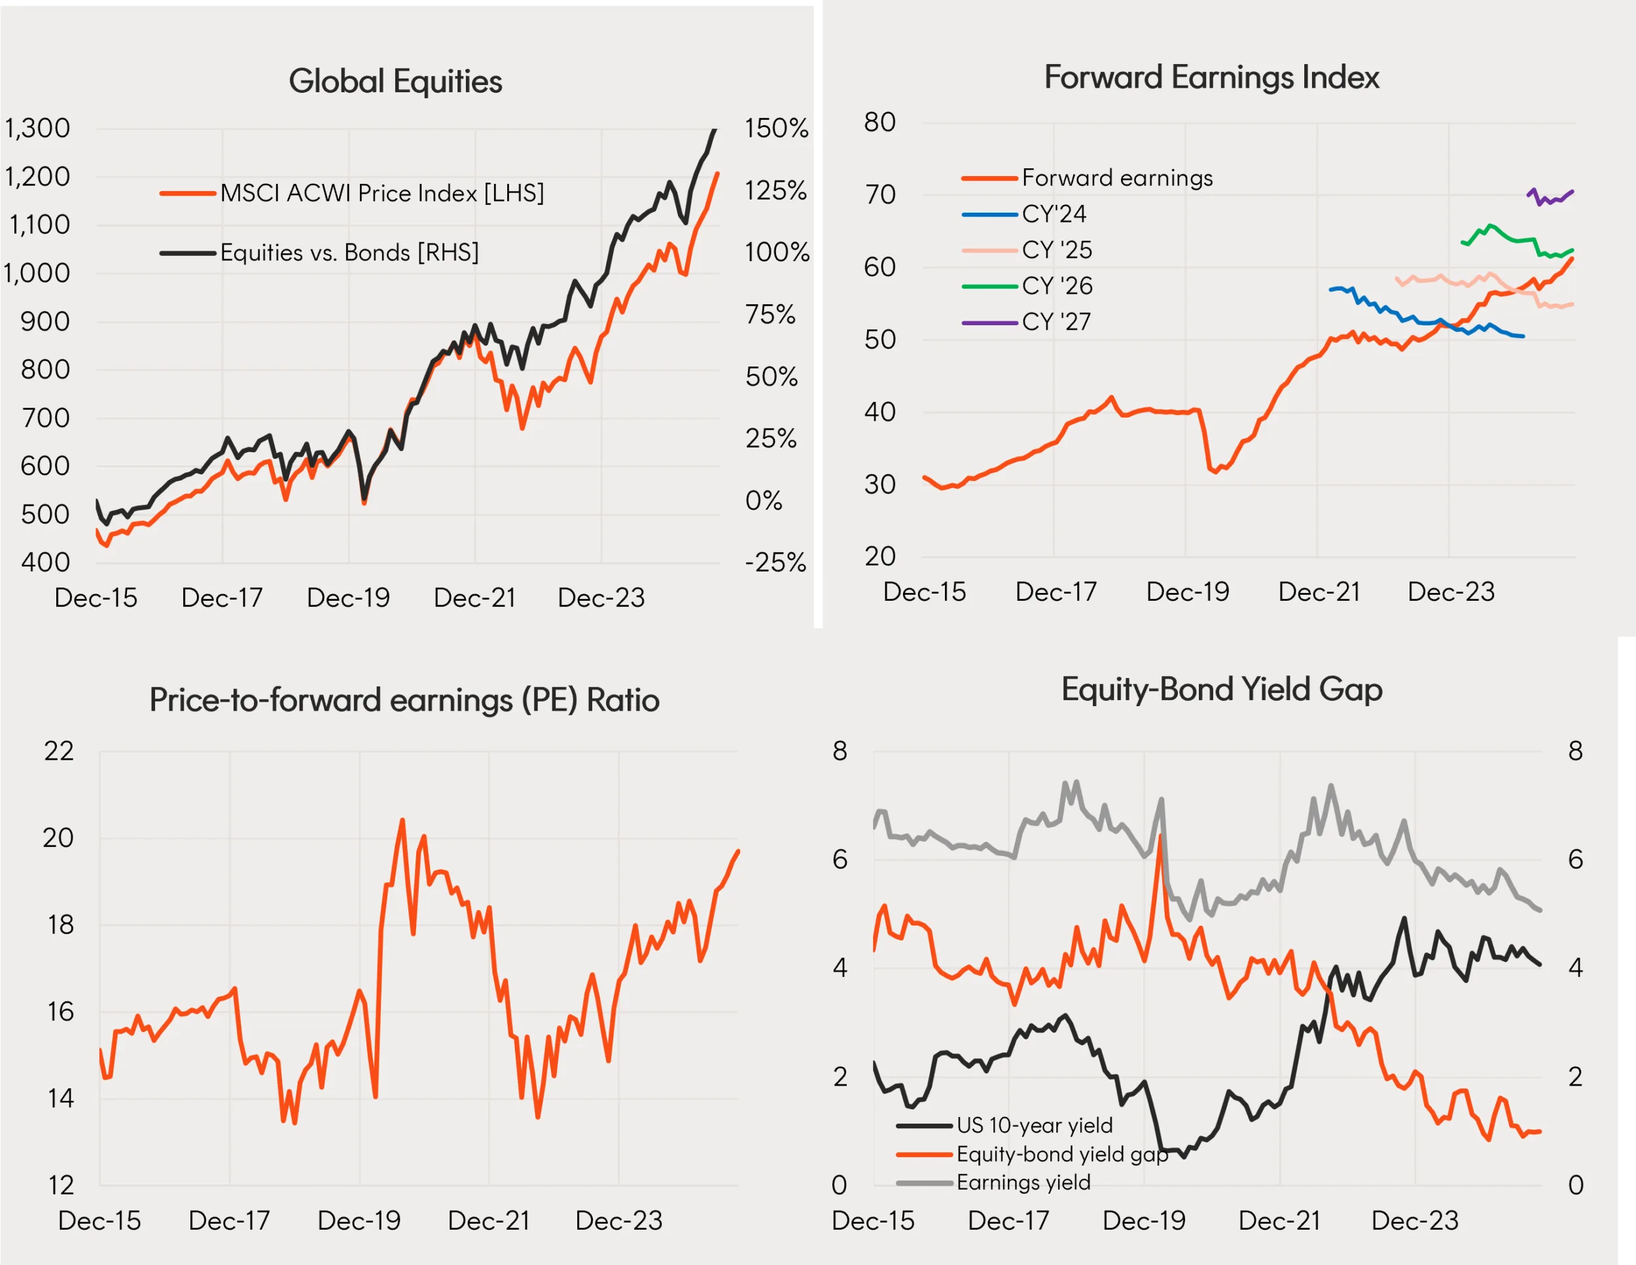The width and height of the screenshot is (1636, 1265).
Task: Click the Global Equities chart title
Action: point(395,81)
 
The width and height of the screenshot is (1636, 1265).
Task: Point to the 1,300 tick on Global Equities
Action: point(37,128)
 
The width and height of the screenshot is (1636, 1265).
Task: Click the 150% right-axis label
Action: point(776,128)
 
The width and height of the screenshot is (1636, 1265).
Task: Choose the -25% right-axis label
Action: point(775,562)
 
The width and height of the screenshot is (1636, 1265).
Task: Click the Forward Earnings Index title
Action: point(1211,77)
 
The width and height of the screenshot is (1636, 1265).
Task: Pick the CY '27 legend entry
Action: point(1056,322)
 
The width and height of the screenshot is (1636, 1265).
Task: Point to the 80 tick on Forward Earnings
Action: point(880,122)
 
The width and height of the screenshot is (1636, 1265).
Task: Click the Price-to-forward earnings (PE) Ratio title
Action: point(404,700)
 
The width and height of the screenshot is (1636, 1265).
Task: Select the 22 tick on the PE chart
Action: point(59,751)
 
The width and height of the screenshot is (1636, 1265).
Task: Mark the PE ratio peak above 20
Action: point(402,821)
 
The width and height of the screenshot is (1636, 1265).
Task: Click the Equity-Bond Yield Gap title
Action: point(1222,689)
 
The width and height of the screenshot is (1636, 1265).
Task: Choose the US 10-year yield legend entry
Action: point(1034,1125)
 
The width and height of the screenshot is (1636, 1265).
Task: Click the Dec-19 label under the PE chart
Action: point(359,1220)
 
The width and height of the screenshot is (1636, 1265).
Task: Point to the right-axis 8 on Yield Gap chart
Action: point(1575,751)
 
